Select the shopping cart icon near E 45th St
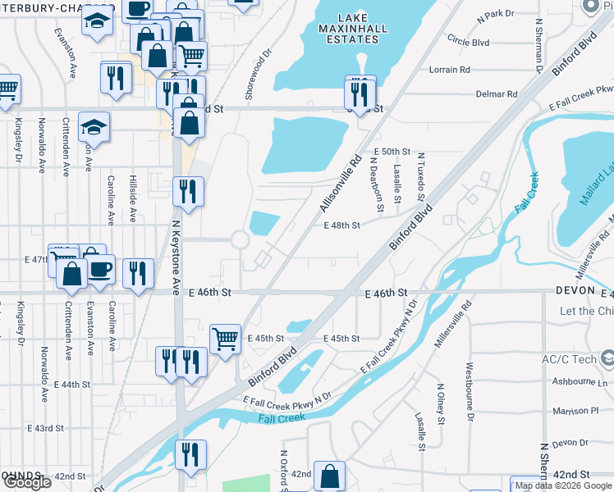tap(225, 337)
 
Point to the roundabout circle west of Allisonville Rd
tap(240, 240)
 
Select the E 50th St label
tap(391, 152)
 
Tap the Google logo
tap(26, 482)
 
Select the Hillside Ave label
tap(132, 198)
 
